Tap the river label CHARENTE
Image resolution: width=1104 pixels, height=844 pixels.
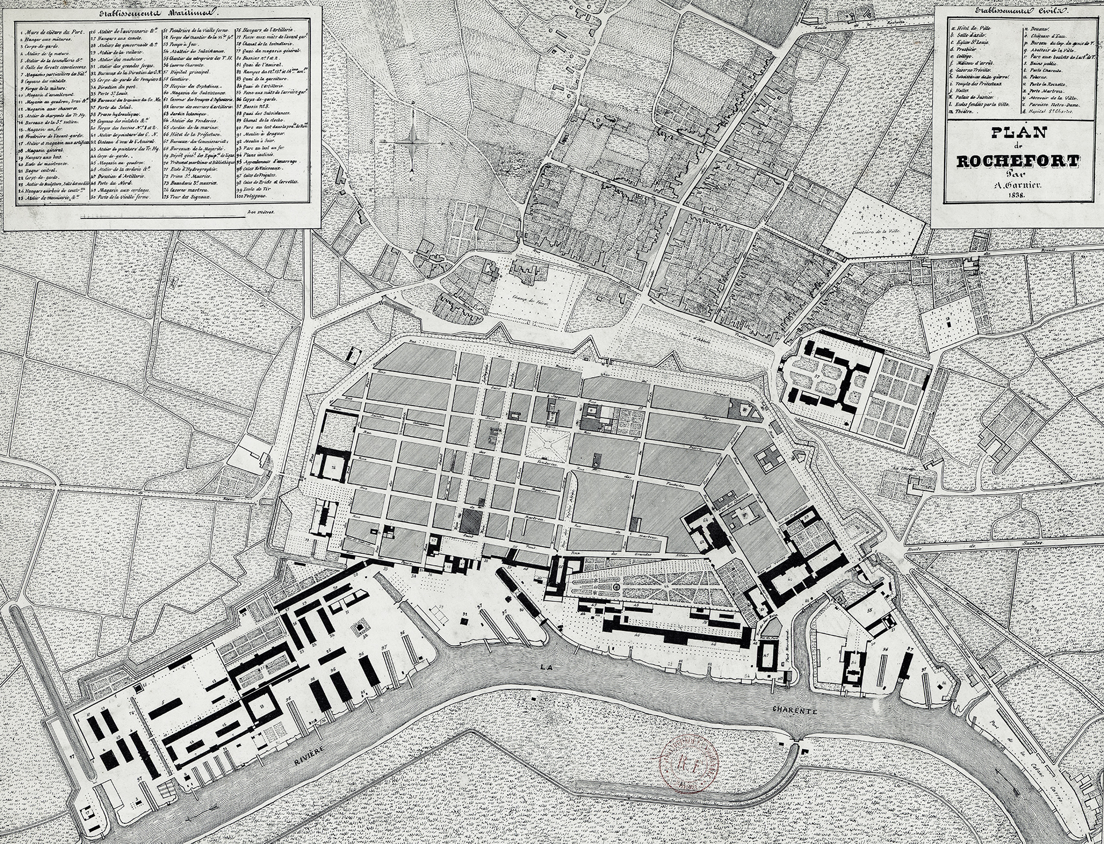799,711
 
